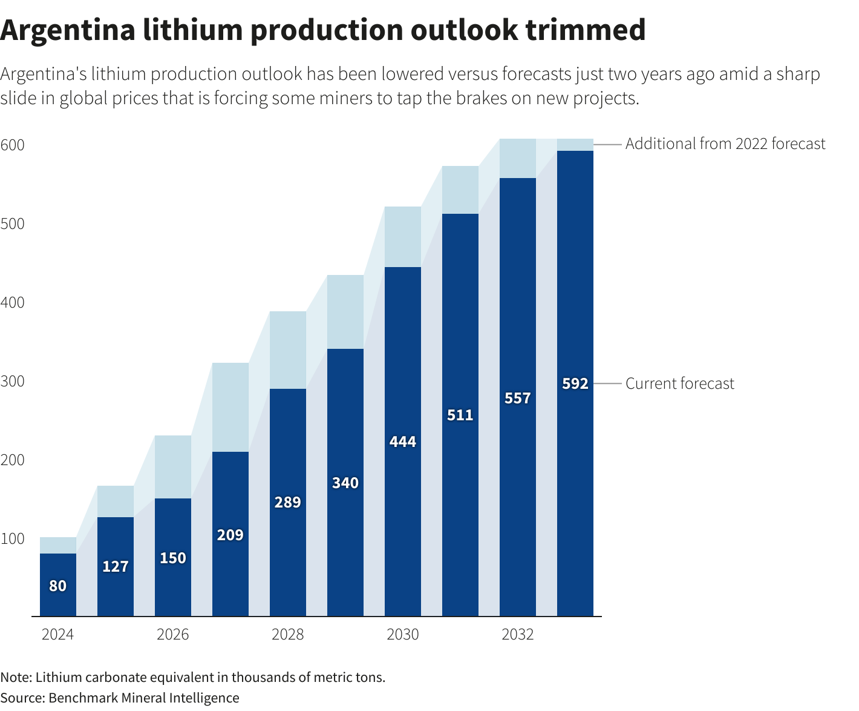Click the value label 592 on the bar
(x=575, y=384)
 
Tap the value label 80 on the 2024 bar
(x=57, y=586)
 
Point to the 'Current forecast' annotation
(x=679, y=384)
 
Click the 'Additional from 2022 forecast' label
(x=725, y=144)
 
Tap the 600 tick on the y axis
(x=12, y=145)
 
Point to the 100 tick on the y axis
(x=12, y=538)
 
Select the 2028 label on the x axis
(x=287, y=635)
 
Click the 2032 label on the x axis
(x=517, y=635)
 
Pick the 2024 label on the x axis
(x=57, y=635)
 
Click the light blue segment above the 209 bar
(x=230, y=407)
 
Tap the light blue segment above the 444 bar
(x=402, y=237)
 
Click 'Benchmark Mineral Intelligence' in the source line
(x=144, y=698)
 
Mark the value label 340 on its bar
(x=345, y=483)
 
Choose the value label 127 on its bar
(x=115, y=567)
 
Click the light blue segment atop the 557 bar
(x=517, y=158)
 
